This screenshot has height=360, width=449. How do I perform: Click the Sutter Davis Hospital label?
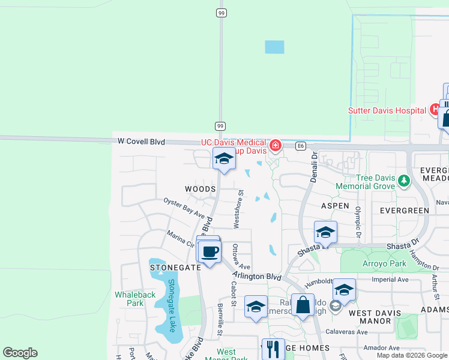click(x=387, y=110)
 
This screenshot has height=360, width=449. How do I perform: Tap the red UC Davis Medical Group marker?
click(x=276, y=145)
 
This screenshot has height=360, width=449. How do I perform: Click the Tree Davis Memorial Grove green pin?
click(x=404, y=180)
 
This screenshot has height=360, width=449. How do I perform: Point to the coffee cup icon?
click(x=209, y=252)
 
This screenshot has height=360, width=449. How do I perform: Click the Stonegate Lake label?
click(x=171, y=306)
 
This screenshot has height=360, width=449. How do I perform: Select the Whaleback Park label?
click(x=135, y=299)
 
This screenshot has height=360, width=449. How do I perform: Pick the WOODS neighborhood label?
click(x=200, y=189)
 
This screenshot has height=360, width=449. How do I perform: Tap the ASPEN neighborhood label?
click(x=335, y=205)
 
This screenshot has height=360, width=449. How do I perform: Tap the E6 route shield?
click(x=301, y=145)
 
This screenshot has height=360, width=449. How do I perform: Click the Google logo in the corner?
click(x=20, y=353)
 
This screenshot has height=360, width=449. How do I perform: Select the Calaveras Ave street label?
click(x=346, y=331)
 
